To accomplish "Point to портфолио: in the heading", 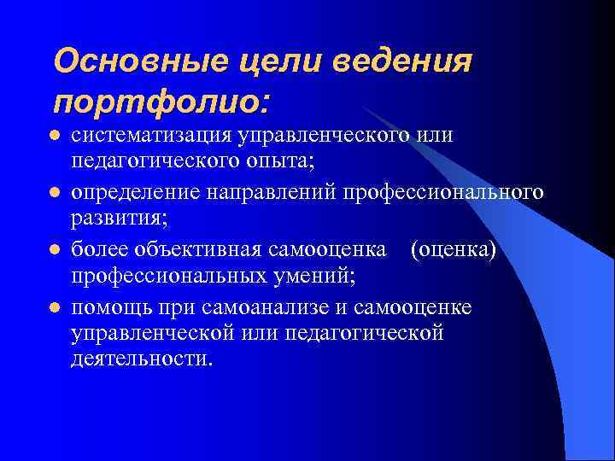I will pyautogui.click(x=161, y=102).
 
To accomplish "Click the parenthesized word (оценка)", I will pyautogui.click(x=454, y=249).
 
